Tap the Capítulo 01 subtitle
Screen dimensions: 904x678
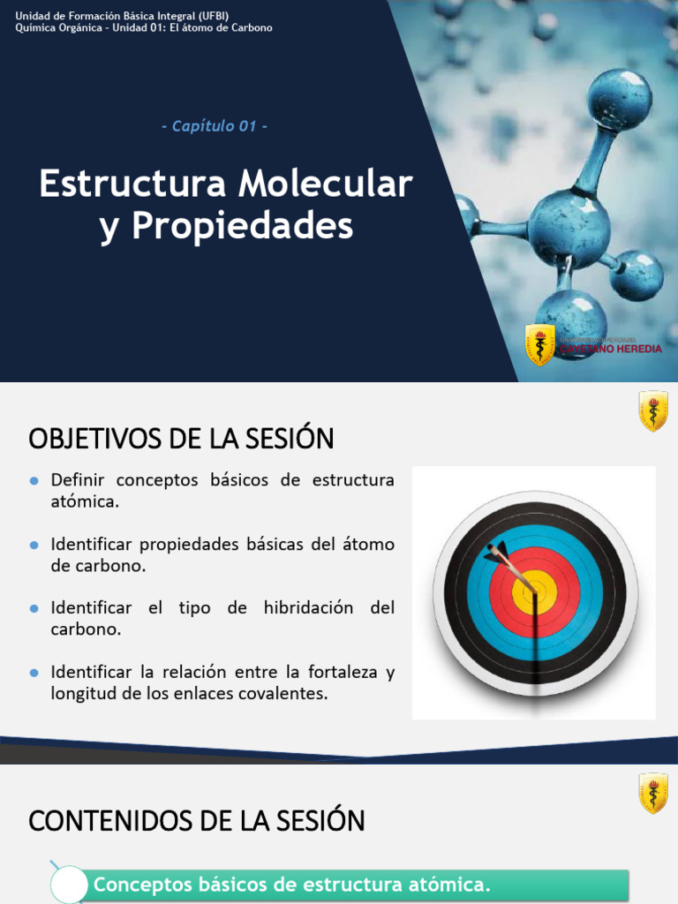coord(215,126)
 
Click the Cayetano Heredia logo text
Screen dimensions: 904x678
coord(610,349)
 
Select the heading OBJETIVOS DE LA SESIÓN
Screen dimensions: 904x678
coord(182,439)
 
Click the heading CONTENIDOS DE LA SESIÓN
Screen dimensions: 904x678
coord(197,821)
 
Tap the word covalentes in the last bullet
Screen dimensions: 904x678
coord(286,694)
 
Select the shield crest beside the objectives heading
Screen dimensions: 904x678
coord(653,411)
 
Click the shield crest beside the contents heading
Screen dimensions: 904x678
coord(653,793)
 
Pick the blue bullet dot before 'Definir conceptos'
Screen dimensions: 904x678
coord(34,481)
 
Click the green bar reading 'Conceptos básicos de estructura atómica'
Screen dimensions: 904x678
coord(353,885)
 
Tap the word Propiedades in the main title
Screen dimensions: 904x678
coord(243,227)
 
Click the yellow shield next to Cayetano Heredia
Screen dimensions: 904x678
coord(539,345)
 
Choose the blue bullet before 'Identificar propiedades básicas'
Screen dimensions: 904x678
coord(34,545)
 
